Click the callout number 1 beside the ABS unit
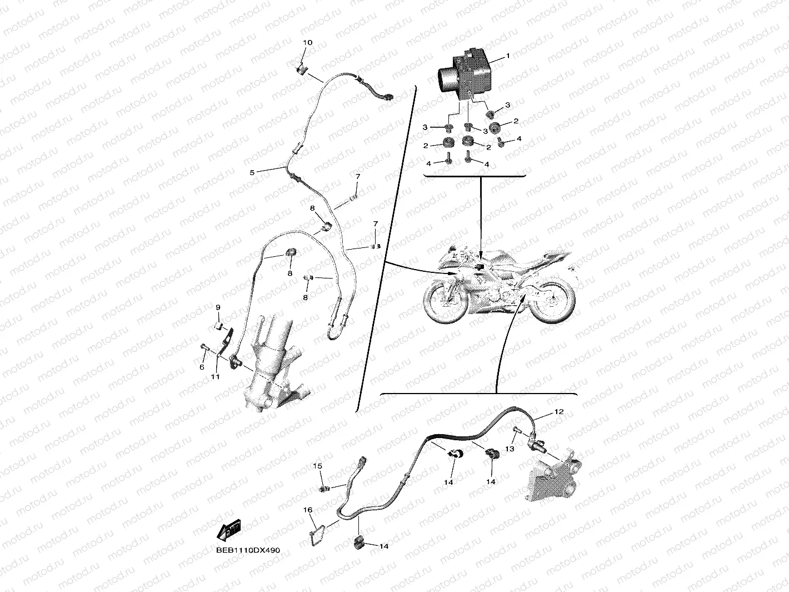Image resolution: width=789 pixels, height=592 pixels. [508, 56]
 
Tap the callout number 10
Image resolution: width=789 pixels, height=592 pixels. [308, 42]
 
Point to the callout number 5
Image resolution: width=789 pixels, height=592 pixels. [252, 172]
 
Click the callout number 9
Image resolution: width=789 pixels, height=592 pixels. [218, 307]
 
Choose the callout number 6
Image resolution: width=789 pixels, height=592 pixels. [202, 367]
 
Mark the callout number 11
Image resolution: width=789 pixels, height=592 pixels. [215, 377]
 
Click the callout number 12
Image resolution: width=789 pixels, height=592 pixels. [560, 411]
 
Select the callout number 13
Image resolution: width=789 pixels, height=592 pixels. [510, 449]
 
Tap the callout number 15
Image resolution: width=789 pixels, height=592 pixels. [317, 466]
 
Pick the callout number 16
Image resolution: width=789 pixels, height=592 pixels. [308, 510]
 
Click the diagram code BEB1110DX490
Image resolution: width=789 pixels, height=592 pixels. [248, 550]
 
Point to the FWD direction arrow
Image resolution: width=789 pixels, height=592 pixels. [229, 530]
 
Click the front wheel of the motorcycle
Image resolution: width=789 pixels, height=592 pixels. [445, 301]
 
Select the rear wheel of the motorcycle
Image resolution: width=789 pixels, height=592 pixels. [552, 300]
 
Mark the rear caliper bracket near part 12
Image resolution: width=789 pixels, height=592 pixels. [553, 475]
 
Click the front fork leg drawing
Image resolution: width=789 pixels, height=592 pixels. [275, 363]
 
